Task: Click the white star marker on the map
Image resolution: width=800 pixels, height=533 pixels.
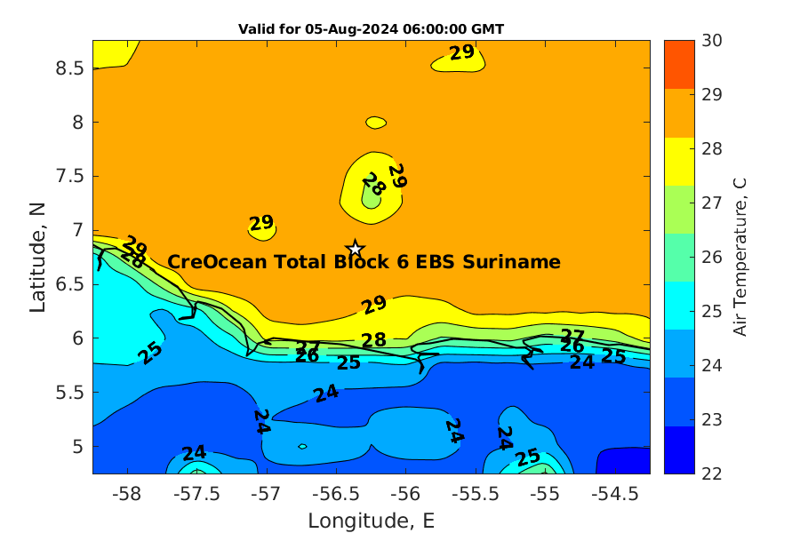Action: click(x=355, y=248)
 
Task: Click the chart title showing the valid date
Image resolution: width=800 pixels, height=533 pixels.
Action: click(x=371, y=29)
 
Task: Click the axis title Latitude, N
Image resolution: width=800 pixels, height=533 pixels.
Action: click(x=38, y=257)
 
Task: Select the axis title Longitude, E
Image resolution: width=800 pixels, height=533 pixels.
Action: click(x=371, y=521)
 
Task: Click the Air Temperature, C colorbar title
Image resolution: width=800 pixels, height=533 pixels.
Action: click(x=740, y=257)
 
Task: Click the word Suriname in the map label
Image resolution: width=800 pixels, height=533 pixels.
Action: click(x=517, y=262)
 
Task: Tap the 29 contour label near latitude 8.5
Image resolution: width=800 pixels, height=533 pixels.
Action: click(x=461, y=53)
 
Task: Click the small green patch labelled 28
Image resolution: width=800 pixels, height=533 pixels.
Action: click(x=371, y=194)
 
